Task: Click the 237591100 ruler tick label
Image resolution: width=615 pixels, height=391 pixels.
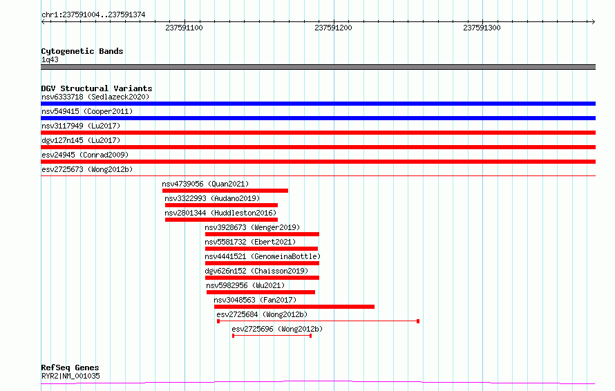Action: [184, 28]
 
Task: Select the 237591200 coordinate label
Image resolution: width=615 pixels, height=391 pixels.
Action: [333, 28]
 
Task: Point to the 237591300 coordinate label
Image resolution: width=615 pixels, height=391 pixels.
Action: [482, 28]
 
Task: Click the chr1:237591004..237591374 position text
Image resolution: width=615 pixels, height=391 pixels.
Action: [93, 15]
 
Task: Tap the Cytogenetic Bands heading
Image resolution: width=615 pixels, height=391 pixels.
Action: [82, 51]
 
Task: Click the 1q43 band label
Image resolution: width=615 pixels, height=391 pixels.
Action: [50, 59]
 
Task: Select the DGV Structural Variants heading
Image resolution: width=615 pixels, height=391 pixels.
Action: [97, 88]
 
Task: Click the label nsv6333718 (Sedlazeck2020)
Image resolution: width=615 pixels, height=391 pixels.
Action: [95, 97]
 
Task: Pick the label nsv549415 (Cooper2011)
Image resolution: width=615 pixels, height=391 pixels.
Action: [87, 111]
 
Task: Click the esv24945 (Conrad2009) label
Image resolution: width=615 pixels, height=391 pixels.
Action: [85, 155]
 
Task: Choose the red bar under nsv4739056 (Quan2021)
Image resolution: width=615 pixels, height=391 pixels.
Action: [225, 191]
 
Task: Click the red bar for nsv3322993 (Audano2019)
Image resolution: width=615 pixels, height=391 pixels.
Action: [221, 205]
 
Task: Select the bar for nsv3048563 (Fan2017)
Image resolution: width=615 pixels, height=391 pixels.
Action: [294, 307]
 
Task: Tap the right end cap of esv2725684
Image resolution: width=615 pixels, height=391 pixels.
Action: [418, 321]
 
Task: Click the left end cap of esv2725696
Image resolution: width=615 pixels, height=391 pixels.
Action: [233, 336]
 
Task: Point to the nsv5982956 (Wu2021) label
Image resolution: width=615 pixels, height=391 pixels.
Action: [245, 285]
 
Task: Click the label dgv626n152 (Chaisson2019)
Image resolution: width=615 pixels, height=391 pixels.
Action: [256, 271]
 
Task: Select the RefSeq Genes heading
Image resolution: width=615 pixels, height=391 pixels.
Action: [70, 368]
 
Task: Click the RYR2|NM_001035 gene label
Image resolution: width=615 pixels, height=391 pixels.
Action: [70, 376]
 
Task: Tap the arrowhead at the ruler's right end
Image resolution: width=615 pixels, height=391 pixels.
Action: [594, 21]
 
